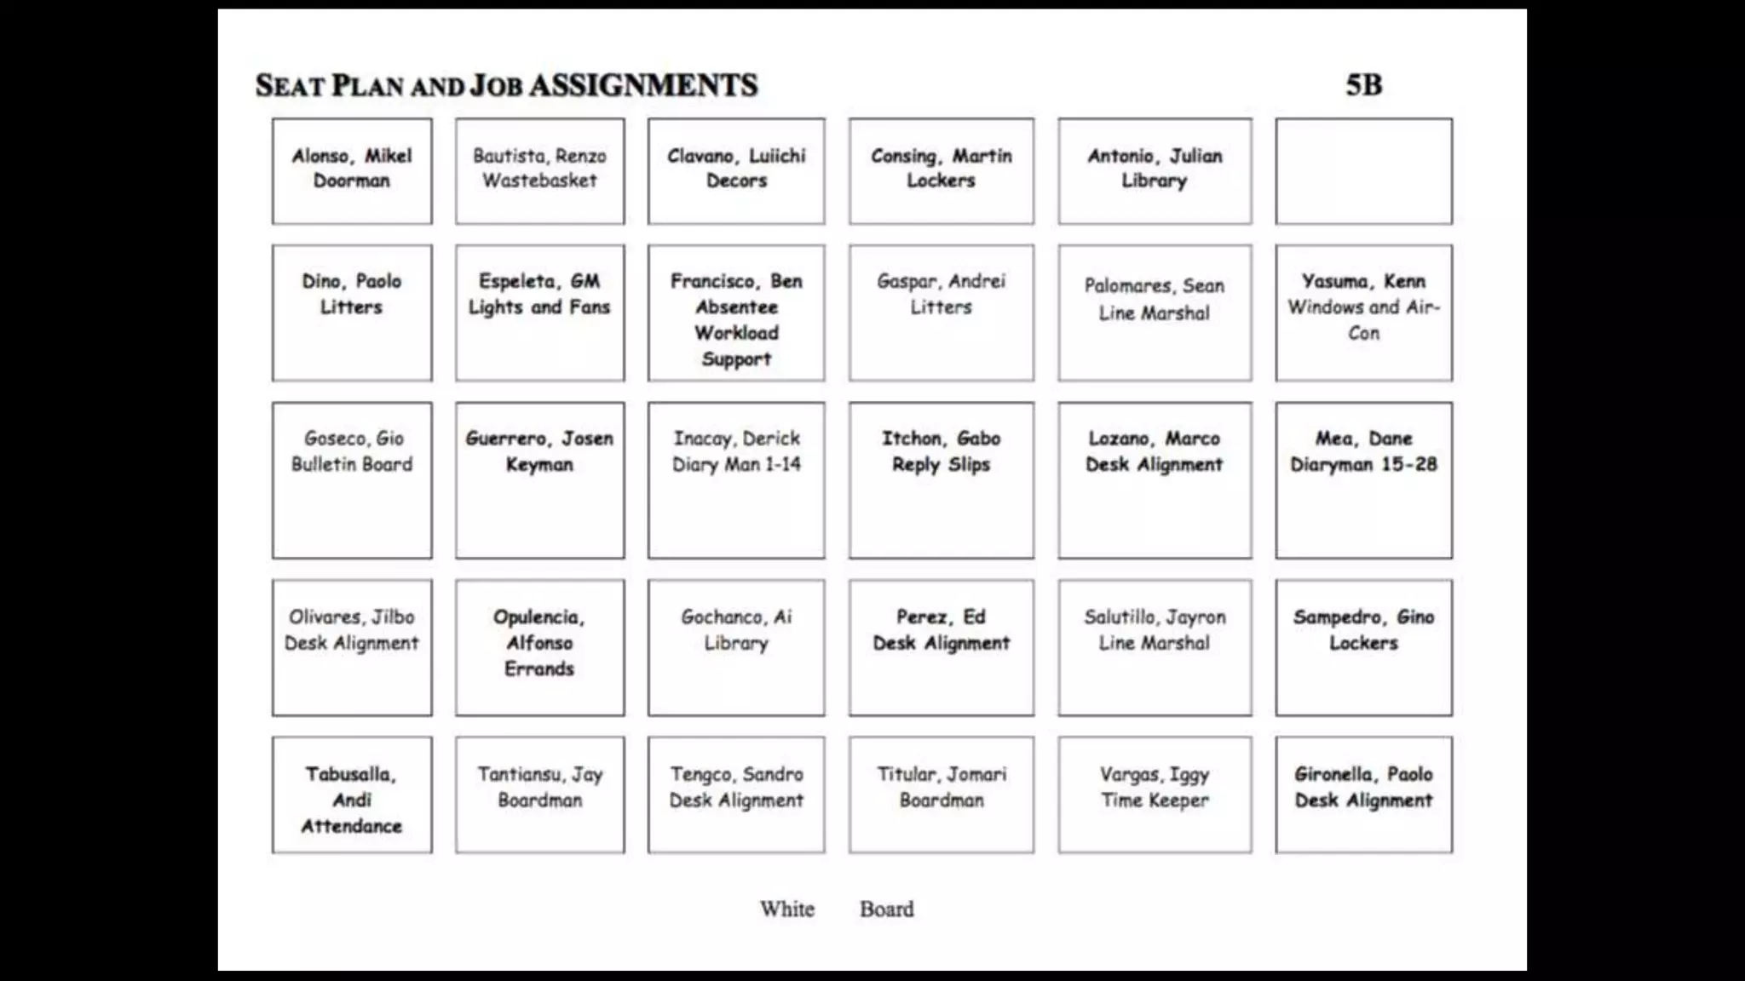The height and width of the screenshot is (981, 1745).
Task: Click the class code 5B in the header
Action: click(1363, 85)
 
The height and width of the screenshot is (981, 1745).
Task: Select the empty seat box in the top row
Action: click(1363, 171)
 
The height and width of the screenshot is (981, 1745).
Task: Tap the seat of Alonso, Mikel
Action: click(352, 171)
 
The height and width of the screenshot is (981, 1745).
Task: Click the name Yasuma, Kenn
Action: click(1363, 281)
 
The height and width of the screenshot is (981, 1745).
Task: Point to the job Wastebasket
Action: click(539, 181)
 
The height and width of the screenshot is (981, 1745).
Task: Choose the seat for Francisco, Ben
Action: click(736, 313)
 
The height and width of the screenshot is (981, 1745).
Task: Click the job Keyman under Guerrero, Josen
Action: click(539, 465)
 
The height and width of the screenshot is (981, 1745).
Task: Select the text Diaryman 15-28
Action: click(1363, 465)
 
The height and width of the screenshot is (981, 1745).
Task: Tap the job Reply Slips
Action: click(941, 465)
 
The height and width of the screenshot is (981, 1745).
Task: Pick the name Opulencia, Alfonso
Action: click(539, 629)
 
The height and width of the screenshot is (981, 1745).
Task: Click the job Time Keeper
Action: click(1155, 800)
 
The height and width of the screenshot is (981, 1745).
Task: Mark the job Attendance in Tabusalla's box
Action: click(352, 826)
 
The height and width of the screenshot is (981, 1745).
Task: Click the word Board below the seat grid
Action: click(886, 909)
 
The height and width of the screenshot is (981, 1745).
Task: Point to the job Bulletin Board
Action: click(352, 465)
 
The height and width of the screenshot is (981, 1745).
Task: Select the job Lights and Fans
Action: click(539, 307)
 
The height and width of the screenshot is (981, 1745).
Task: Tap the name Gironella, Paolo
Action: click(1363, 774)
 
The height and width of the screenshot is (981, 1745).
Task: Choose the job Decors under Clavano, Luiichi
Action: click(736, 181)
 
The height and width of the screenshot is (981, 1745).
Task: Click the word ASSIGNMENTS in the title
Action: click(643, 85)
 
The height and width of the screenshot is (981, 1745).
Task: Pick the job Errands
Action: click(539, 669)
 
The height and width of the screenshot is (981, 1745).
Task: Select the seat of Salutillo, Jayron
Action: click(1155, 648)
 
